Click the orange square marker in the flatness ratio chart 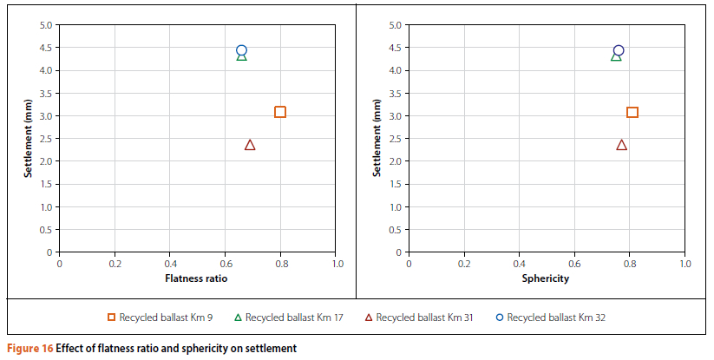(280, 112)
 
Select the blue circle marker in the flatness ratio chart (241, 50)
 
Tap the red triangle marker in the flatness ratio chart (250, 145)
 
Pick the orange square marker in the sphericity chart (632, 112)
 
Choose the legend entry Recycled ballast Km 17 (291, 317)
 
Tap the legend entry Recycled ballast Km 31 (421, 317)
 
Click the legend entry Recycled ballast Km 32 (551, 317)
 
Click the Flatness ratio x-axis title (198, 278)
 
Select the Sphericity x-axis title (546, 278)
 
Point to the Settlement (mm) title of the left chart (29, 138)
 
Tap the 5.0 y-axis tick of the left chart (46, 25)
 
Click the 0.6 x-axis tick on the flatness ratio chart (226, 263)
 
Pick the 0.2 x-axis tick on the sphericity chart (464, 263)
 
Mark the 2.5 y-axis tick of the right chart (395, 139)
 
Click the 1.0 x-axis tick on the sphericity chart (685, 263)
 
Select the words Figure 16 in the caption (29, 349)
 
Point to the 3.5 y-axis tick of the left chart (46, 94)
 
